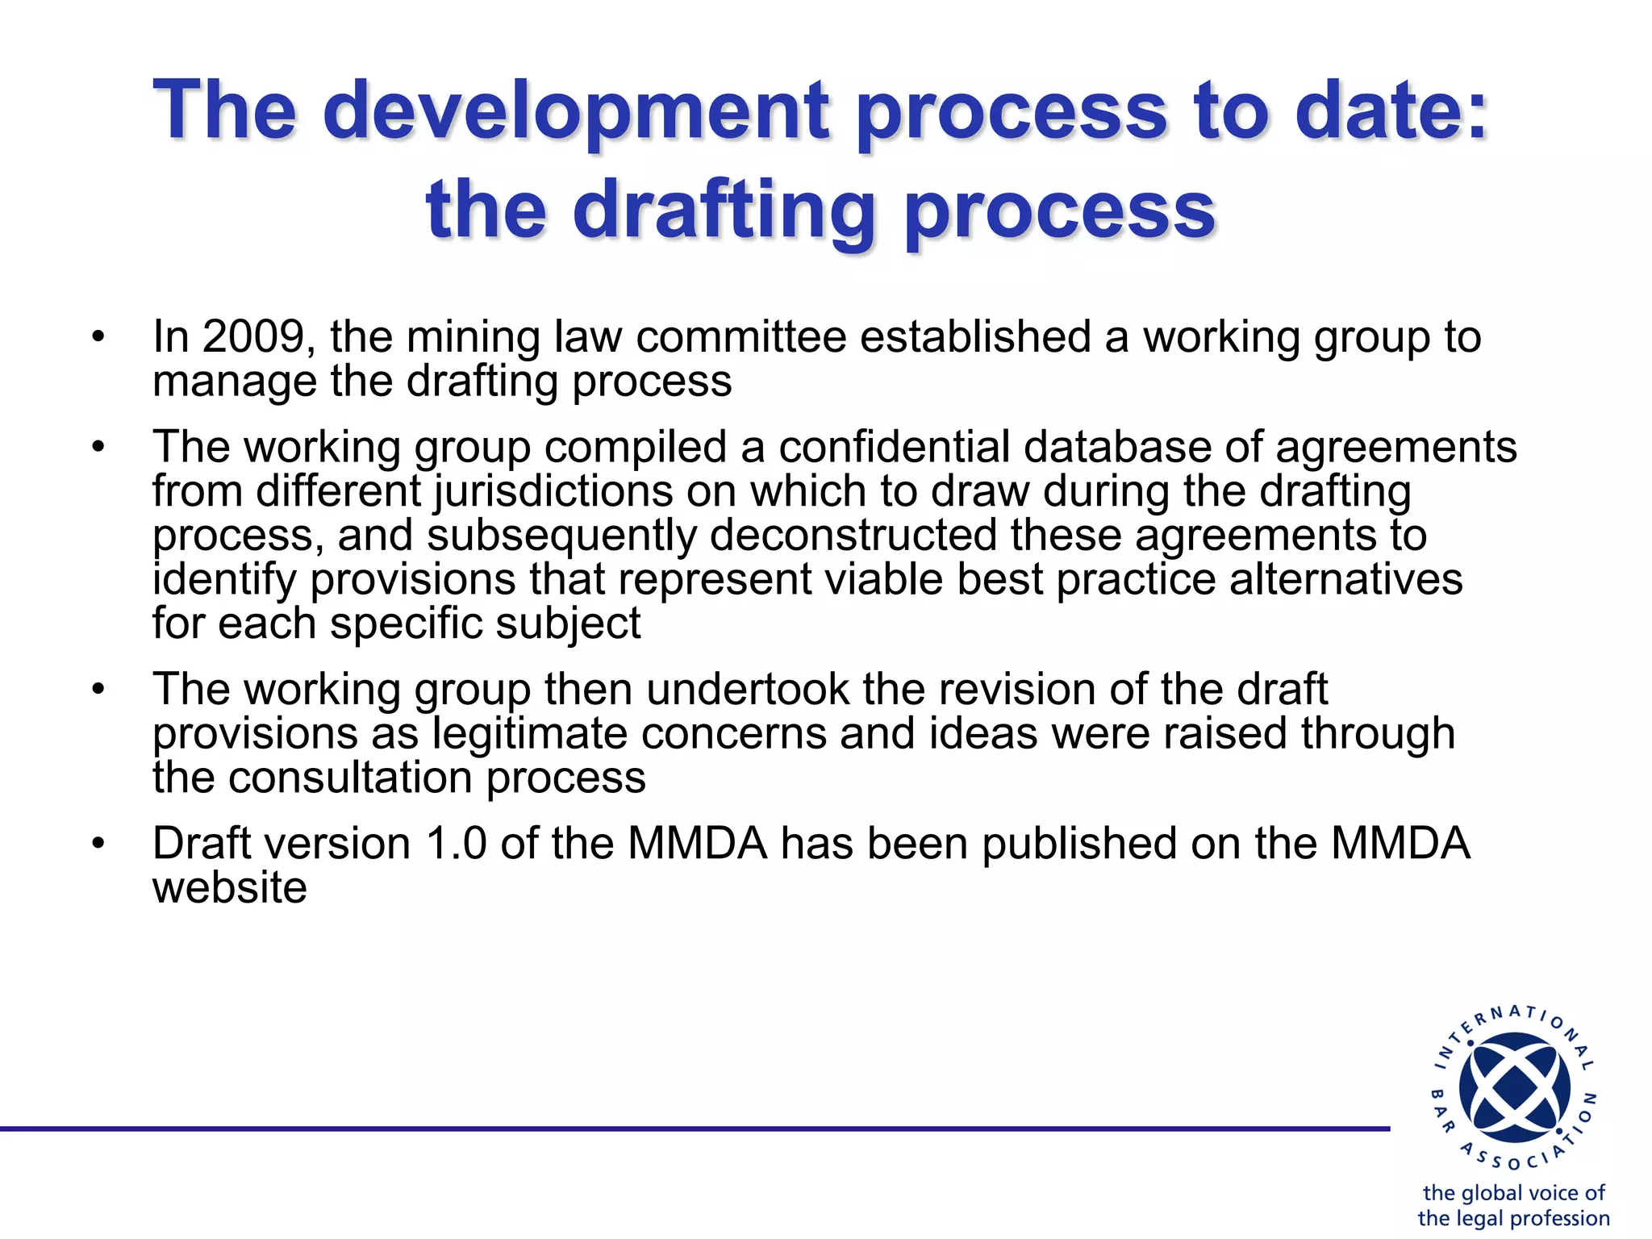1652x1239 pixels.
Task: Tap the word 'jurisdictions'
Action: (x=553, y=491)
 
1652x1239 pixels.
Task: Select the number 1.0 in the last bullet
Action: (x=456, y=844)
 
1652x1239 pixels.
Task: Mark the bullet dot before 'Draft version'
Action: (x=98, y=845)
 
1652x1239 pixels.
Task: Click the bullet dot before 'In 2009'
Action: (x=98, y=337)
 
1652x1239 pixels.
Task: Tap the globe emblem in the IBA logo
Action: (x=1514, y=1088)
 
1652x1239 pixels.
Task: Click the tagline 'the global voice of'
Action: (x=1513, y=1192)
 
